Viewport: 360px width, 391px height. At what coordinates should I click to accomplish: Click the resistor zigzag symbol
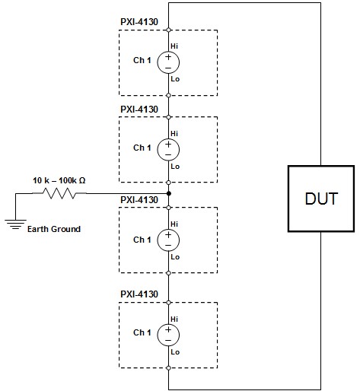point(59,193)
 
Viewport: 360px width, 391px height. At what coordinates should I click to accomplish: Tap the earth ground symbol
point(15,224)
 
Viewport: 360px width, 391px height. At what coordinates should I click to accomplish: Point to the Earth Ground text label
point(54,229)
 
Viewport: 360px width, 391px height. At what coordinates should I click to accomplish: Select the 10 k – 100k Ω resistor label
point(59,180)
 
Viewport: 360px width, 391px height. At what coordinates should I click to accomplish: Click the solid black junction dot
point(169,193)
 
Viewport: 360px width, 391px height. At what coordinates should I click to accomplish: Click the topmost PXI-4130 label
point(139,22)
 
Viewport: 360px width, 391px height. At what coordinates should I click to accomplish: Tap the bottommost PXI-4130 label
point(139,294)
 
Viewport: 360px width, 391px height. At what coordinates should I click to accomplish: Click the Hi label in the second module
point(174,133)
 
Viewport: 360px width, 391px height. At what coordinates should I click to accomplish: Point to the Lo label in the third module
point(175,257)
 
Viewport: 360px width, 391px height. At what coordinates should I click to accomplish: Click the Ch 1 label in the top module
point(142,60)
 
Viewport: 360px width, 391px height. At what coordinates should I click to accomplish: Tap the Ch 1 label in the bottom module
point(142,332)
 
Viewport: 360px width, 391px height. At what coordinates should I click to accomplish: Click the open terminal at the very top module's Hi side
point(168,30)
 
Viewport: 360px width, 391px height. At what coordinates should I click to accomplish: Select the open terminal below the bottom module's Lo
point(168,368)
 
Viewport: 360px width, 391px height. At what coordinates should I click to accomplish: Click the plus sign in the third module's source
point(168,234)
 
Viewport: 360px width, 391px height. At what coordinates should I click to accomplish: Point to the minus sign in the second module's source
point(168,154)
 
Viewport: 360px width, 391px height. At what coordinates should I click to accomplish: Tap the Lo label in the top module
point(175,79)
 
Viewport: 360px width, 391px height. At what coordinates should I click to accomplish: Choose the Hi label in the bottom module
point(174,319)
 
